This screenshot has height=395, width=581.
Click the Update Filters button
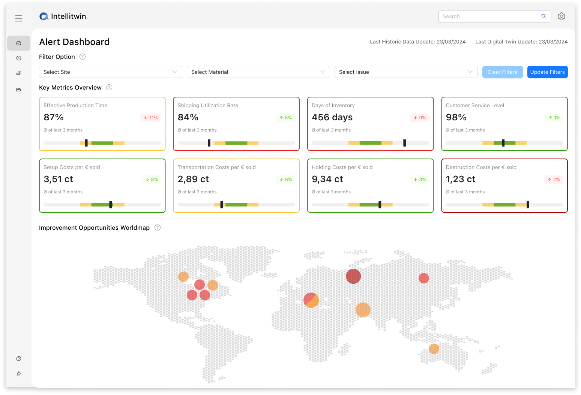click(547, 72)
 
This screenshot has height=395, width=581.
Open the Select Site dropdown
click(110, 72)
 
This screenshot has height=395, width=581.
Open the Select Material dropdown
click(258, 72)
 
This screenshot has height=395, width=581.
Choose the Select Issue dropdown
click(406, 72)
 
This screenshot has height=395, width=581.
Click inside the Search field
click(489, 16)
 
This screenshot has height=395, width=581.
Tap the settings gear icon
click(561, 16)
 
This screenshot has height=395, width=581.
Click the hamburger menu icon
click(19, 18)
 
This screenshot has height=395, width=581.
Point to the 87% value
click(54, 117)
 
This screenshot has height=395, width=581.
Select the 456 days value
click(332, 117)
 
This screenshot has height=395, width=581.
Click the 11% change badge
click(151, 118)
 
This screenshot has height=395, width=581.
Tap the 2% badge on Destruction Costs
click(554, 180)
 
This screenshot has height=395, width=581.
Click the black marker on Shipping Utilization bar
click(209, 143)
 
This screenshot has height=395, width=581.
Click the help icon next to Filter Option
click(83, 57)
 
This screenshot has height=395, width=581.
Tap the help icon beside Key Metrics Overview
click(109, 87)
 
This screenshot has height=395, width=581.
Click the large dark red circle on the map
click(353, 276)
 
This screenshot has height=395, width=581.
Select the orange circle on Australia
click(434, 349)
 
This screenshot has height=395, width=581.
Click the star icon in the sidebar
click(19, 374)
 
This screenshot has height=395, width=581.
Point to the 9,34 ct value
click(327, 179)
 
